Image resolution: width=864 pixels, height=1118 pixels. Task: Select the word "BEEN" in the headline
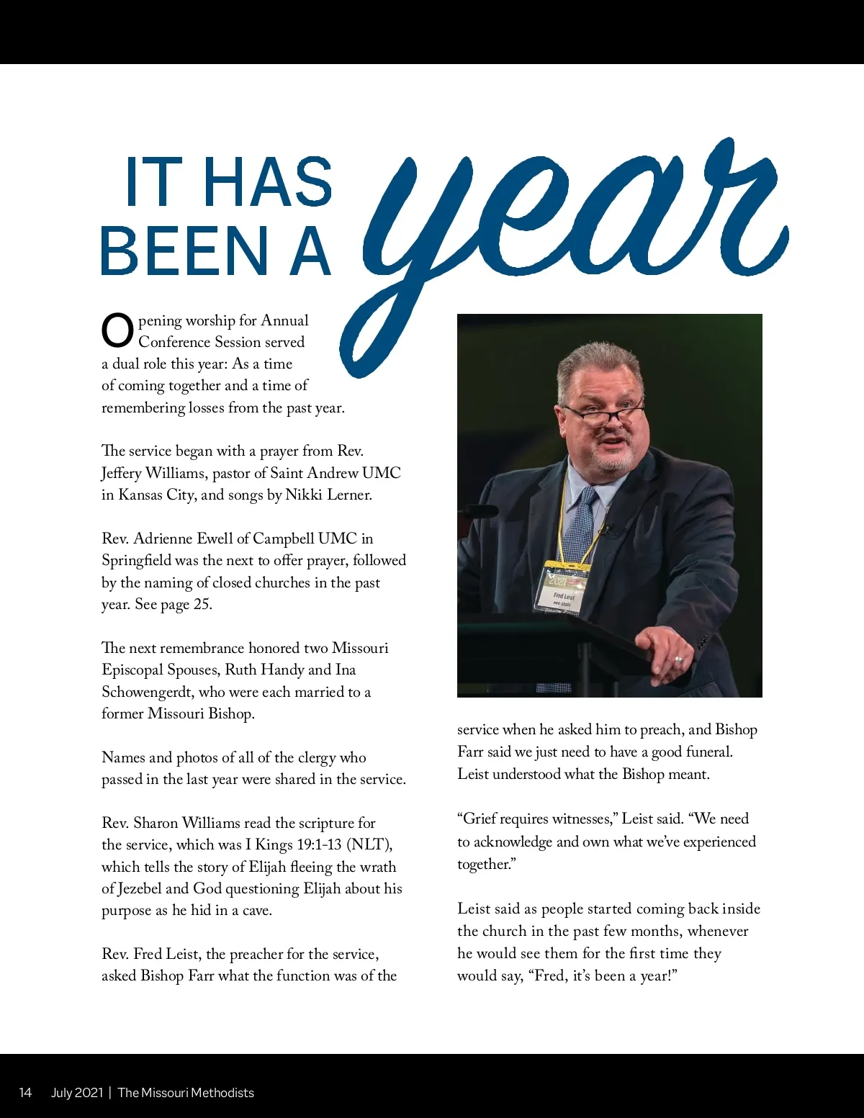tap(184, 251)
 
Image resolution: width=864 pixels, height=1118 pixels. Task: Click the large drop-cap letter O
tap(117, 331)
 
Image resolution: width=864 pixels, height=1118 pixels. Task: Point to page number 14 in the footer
tap(25, 1093)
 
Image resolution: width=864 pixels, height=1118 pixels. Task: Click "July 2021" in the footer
tap(77, 1093)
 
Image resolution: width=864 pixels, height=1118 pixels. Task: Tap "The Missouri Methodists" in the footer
tap(186, 1093)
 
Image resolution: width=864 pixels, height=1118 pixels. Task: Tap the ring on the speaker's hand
tap(678, 659)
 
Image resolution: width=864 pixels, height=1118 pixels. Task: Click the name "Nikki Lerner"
tap(328, 495)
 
